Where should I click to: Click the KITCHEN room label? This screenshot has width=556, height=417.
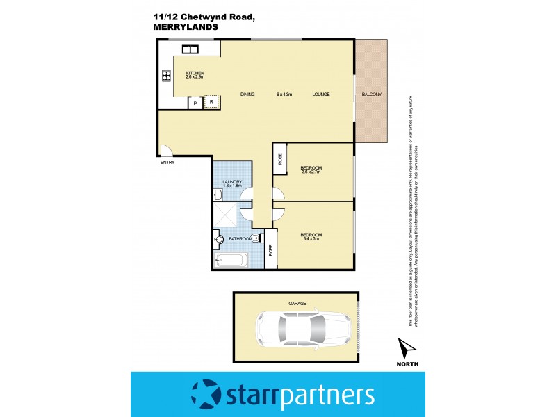(x=195, y=72)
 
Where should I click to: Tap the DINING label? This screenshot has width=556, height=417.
(x=247, y=95)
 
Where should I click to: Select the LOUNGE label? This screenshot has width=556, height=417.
(x=320, y=95)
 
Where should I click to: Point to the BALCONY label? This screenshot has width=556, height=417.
(x=372, y=95)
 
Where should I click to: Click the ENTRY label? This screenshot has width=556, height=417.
(x=167, y=163)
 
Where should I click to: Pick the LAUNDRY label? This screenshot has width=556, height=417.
(x=232, y=182)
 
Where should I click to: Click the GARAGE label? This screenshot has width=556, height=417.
(x=297, y=304)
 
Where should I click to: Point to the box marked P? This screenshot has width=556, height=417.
(x=195, y=103)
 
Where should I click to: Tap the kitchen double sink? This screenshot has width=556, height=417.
(x=190, y=49)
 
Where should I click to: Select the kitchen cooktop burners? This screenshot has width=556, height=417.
(x=167, y=77)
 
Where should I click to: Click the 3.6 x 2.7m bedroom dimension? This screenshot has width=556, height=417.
(x=311, y=172)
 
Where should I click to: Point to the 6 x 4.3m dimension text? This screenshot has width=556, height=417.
(x=284, y=95)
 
